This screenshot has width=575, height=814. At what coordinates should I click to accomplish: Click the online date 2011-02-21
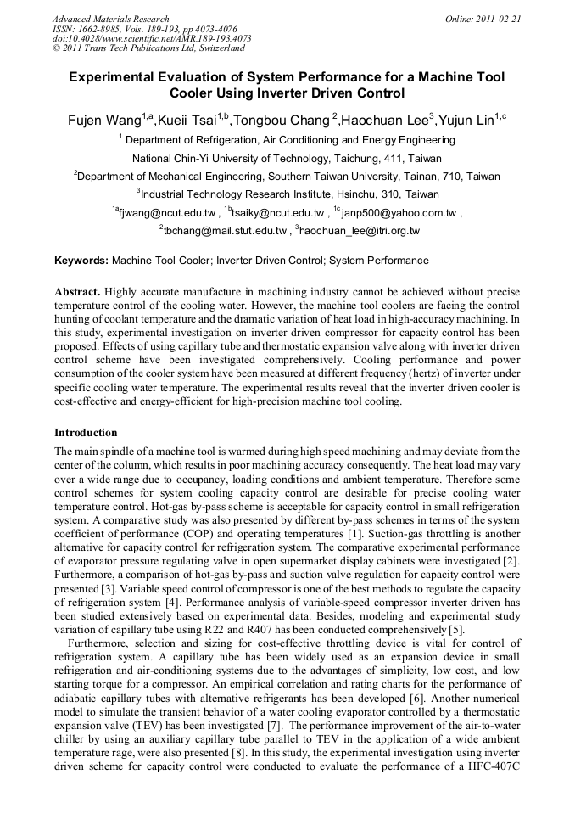(x=498, y=19)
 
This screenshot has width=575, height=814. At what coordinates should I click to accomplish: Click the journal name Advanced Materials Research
(x=110, y=19)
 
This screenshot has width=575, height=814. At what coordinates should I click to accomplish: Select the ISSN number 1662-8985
(x=105, y=29)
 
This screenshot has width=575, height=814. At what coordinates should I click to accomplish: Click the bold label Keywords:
(x=81, y=261)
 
